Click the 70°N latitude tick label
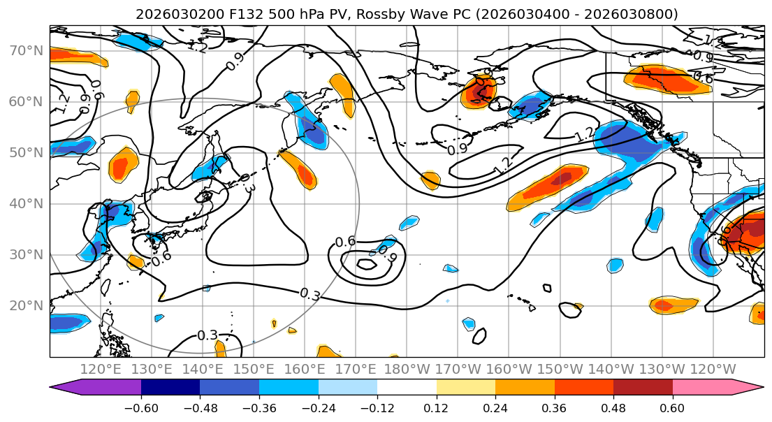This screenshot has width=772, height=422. [x=26, y=51]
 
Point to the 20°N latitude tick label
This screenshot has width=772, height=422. [x=26, y=306]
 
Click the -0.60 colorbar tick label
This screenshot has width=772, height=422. [x=141, y=408]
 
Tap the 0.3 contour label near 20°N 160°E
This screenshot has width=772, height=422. [x=309, y=294]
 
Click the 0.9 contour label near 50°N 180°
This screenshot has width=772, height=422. [x=458, y=150]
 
